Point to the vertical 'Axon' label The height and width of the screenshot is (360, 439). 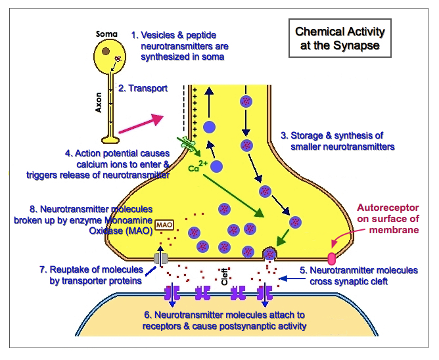[x=99, y=102]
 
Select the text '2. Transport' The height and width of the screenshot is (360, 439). [x=143, y=89]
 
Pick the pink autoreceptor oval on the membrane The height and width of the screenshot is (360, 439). [x=331, y=258]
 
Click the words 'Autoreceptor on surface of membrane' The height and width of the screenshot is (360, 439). [x=388, y=219]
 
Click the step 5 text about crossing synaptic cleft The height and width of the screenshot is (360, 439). [x=358, y=275]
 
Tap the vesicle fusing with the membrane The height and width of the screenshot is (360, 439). [x=269, y=252]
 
